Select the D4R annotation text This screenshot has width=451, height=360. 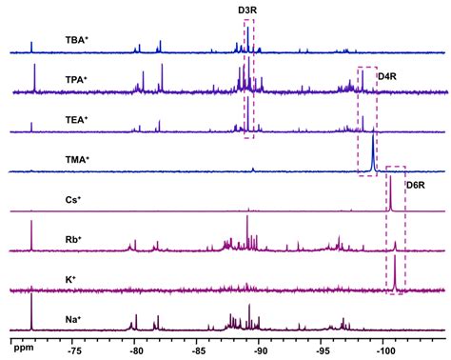coord(387,76)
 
